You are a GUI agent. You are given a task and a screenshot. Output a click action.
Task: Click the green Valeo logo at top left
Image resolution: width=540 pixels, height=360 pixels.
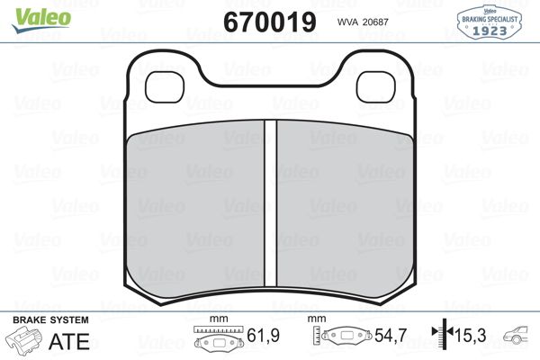(41, 20)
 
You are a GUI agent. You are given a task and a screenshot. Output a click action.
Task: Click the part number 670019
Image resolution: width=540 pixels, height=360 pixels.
(270, 22)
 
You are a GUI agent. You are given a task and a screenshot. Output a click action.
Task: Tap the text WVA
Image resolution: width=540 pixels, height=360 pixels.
(347, 22)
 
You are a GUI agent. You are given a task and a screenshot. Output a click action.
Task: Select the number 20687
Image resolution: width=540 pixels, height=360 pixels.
(375, 22)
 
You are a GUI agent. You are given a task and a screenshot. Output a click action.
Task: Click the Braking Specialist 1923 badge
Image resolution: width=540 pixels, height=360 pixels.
(489, 22)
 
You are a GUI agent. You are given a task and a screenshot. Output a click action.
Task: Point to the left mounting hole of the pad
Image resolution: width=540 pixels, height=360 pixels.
(165, 86)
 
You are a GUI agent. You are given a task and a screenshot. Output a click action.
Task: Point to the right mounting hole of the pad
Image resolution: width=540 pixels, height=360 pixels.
(375, 86)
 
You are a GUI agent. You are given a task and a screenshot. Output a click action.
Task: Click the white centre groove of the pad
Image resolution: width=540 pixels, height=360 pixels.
(270, 203)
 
